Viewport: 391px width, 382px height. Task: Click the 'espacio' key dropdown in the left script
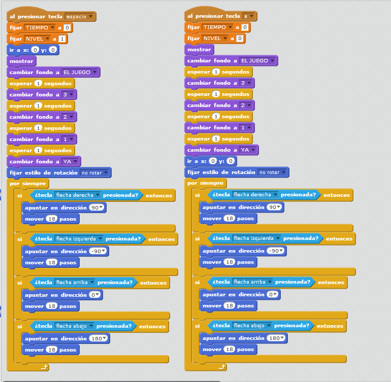(x=80, y=17)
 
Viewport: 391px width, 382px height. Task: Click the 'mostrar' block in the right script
(x=199, y=50)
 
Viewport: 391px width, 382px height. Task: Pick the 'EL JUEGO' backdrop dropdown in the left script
(x=80, y=73)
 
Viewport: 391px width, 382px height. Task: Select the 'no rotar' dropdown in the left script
(x=95, y=173)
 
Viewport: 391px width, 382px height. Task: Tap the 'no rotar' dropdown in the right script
(x=273, y=172)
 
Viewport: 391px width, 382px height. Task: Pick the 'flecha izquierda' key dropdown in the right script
(x=256, y=238)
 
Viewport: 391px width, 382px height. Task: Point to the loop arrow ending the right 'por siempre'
(x=221, y=366)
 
